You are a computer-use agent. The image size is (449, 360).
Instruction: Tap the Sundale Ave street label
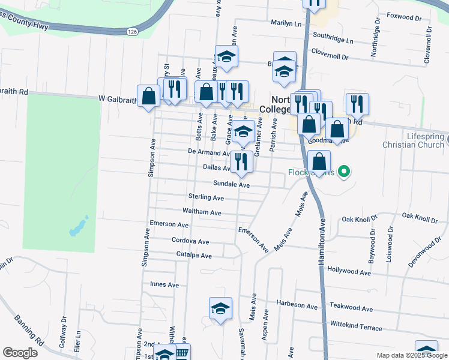(x=231, y=185)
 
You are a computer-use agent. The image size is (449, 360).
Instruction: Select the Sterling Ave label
(x=206, y=197)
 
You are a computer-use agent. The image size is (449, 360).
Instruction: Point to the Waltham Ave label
(x=202, y=212)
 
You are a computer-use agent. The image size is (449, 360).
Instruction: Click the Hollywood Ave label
(x=349, y=272)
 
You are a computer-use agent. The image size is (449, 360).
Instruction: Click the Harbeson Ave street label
(x=297, y=307)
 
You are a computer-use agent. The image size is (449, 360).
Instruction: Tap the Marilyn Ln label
(x=286, y=23)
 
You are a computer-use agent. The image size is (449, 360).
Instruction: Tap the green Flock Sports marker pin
(x=343, y=172)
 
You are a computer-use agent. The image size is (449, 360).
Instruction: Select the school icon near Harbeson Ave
(x=220, y=308)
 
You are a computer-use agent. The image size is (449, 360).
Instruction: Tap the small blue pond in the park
(x=77, y=227)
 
